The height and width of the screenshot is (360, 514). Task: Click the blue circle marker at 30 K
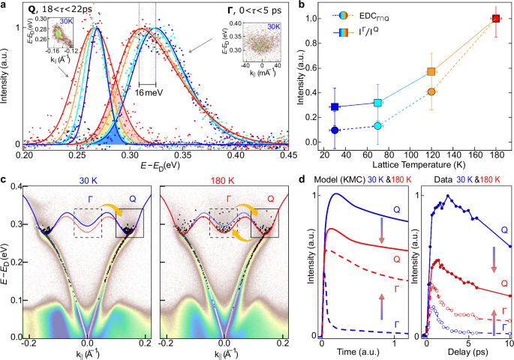[x=335, y=130]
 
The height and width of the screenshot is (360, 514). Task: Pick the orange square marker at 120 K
[x=431, y=72]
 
